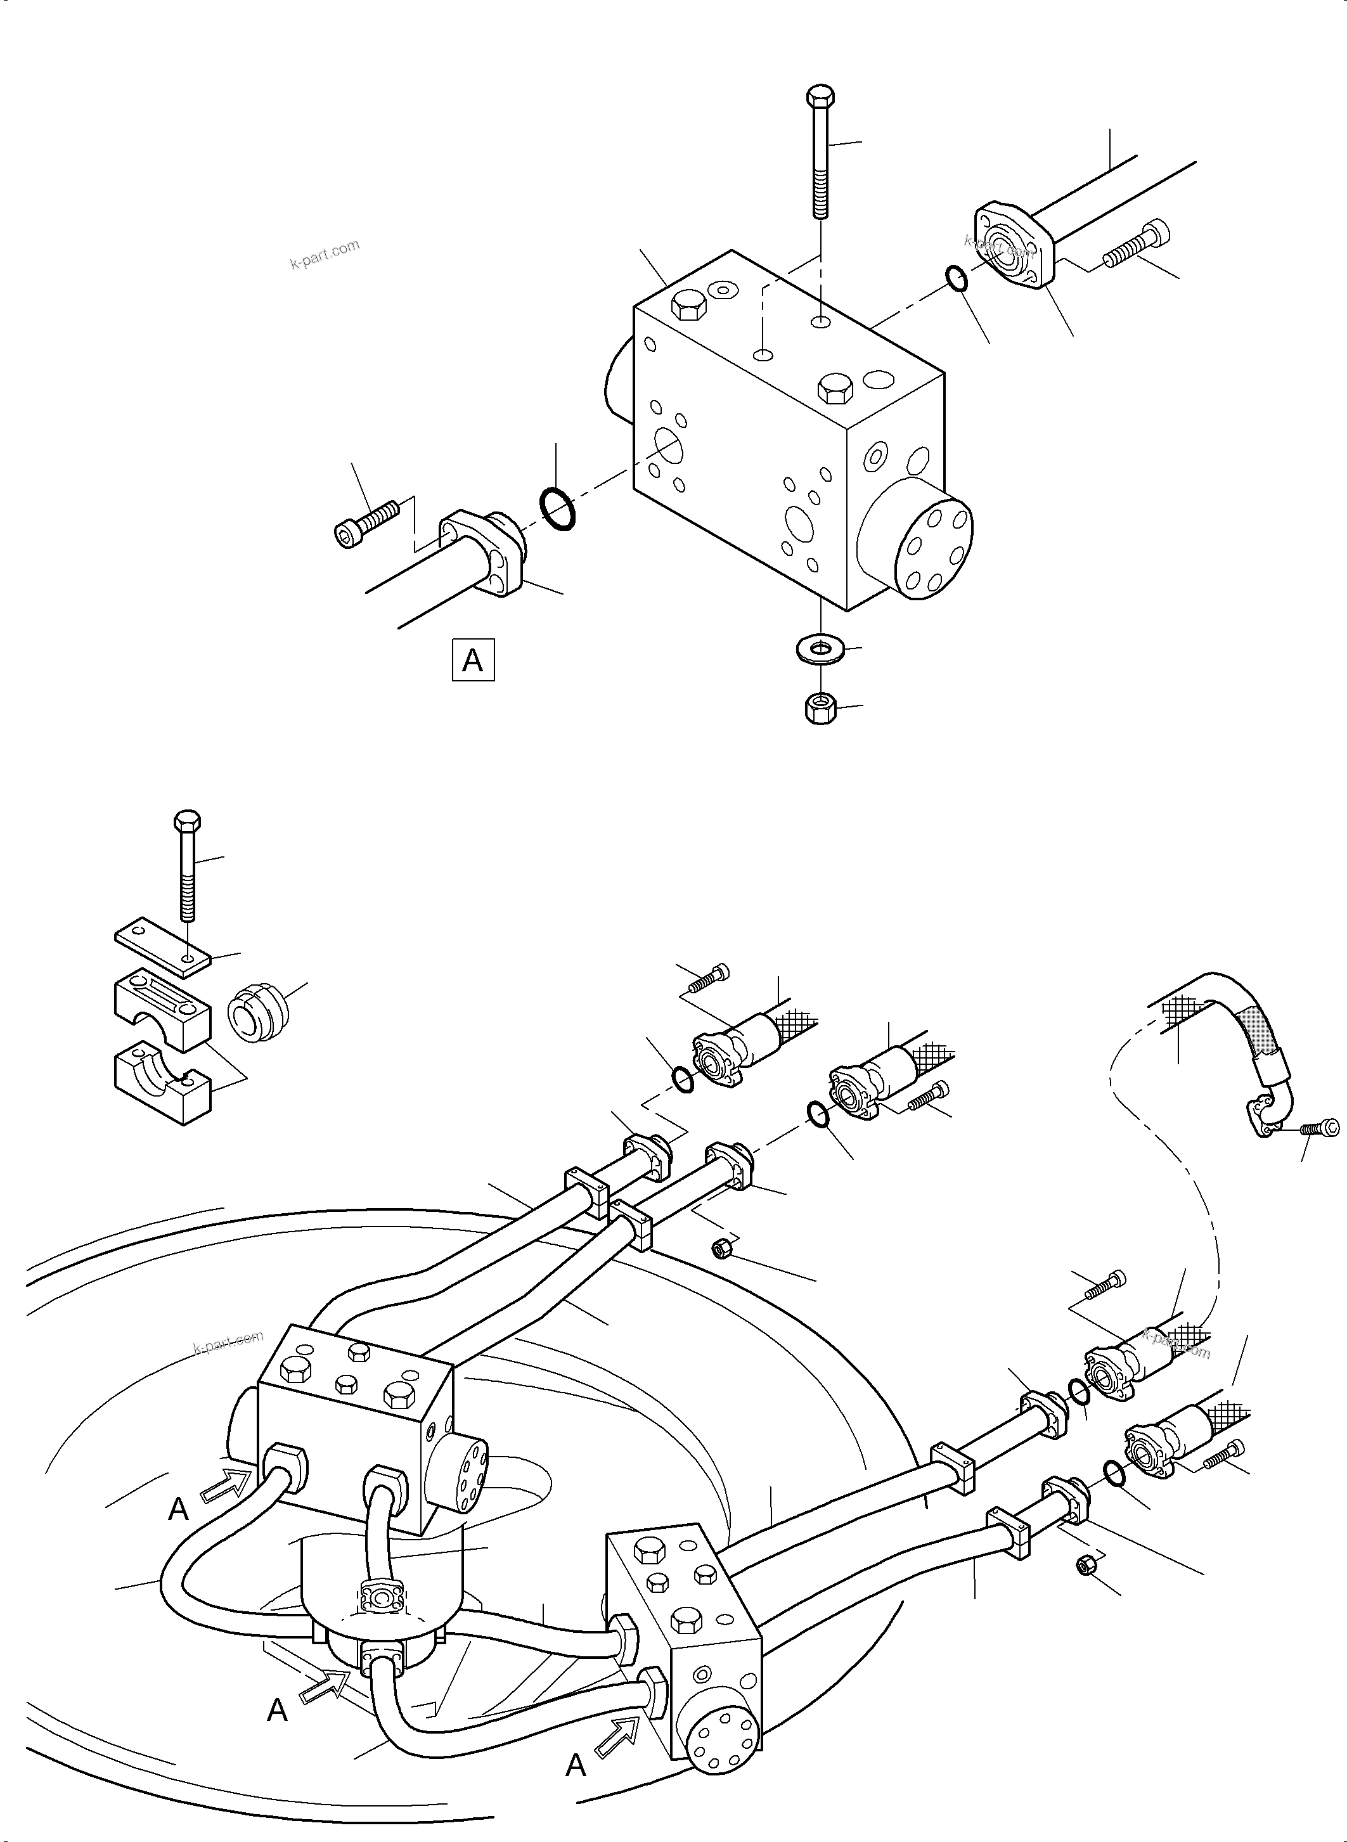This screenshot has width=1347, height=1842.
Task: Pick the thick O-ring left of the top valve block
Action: click(x=558, y=510)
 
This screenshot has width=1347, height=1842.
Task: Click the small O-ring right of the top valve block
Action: click(x=957, y=278)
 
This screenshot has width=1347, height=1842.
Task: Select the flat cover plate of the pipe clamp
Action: click(x=162, y=945)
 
